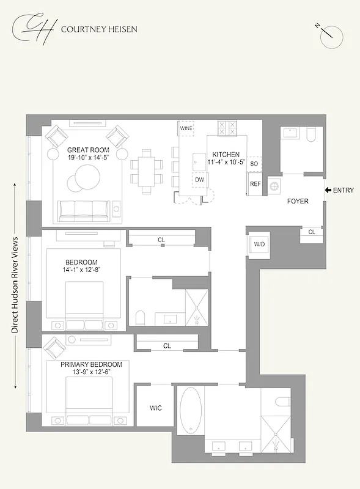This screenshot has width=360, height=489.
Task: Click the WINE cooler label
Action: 186,128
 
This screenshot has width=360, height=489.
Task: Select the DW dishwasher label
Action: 199,179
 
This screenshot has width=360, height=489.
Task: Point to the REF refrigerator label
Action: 255,184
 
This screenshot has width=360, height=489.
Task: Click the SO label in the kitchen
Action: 255,164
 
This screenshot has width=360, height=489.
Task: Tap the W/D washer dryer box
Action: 259,245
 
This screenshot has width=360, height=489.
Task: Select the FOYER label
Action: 298,200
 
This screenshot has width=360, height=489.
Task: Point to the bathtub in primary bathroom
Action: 189,410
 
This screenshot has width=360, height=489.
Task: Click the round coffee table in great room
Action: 84,182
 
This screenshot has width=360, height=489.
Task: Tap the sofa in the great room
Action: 86,211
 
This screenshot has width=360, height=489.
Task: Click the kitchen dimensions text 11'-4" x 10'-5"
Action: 226,163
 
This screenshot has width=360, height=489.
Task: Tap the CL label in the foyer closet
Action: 312,232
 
